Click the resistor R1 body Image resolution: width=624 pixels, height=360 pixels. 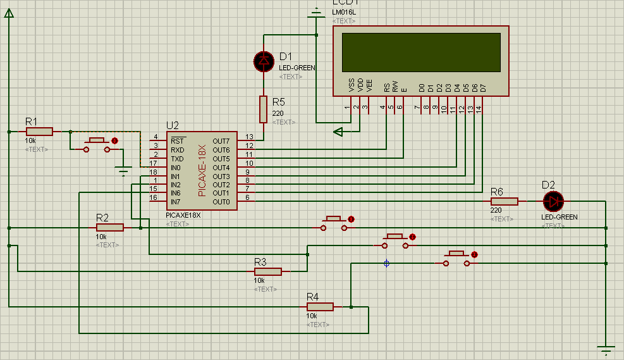click(x=39, y=132)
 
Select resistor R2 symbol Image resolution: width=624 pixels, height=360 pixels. click(x=110, y=227)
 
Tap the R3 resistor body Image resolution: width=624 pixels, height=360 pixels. click(x=268, y=271)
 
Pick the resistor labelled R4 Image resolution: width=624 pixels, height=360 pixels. click(x=320, y=307)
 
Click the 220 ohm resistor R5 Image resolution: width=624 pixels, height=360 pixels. click(x=264, y=109)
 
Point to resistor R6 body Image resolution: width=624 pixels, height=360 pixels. click(x=504, y=201)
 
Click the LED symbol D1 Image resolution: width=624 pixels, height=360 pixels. click(x=264, y=61)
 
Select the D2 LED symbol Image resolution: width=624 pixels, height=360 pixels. click(x=554, y=201)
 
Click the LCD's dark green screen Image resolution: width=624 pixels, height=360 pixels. click(x=421, y=52)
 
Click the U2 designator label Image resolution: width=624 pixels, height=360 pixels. click(x=172, y=125)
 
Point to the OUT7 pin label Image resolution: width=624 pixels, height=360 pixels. click(x=221, y=140)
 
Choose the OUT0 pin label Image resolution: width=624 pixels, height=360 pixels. click(x=221, y=202)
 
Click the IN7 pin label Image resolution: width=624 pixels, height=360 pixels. click(x=176, y=202)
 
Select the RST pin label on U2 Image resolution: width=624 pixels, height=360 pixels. click(x=178, y=140)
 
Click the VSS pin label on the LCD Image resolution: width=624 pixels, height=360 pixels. click(x=352, y=85)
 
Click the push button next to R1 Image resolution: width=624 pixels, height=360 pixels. click(x=97, y=145)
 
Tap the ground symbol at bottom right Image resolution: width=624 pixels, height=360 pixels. click(x=606, y=348)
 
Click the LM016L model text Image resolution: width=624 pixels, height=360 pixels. click(x=343, y=12)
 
